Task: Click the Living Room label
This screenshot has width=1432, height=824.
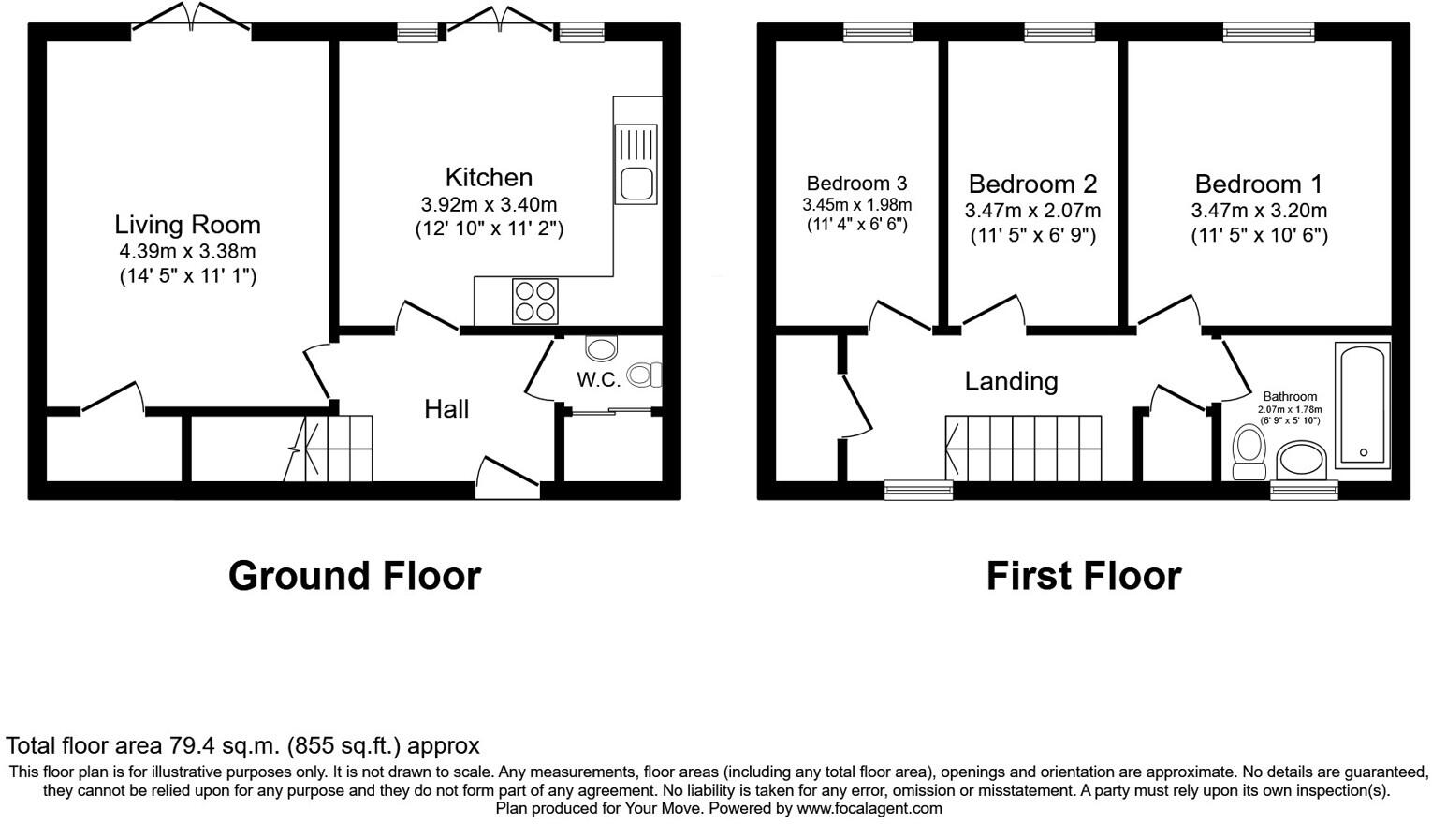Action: [187, 225]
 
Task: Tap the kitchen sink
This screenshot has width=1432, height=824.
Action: [636, 164]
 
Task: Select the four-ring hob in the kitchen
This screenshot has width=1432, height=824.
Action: [534, 302]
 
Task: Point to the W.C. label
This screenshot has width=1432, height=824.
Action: [598, 379]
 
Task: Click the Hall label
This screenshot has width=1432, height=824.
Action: [446, 408]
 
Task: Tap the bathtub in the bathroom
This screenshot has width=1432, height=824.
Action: [1363, 405]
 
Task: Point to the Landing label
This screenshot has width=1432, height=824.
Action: [1011, 381]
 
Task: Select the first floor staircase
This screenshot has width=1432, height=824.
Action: [1023, 449]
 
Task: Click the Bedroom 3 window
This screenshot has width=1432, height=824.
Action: [878, 33]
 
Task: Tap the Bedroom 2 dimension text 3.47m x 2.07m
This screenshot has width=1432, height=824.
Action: [1032, 211]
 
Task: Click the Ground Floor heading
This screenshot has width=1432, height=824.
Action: [355, 576]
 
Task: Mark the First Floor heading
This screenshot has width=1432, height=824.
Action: [1084, 576]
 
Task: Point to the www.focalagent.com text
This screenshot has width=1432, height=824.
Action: [869, 808]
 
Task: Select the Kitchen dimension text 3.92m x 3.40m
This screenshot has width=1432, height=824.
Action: [489, 204]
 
